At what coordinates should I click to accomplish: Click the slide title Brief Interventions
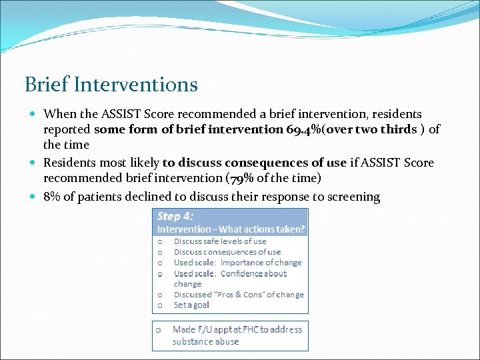(111, 85)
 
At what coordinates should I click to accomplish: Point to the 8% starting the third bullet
(53, 197)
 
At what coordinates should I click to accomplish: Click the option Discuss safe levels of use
(219, 241)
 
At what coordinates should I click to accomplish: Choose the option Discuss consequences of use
(227, 252)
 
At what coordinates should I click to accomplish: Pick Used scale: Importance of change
(237, 263)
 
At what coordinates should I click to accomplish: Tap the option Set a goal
(191, 305)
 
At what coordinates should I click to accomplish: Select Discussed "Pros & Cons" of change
(238, 294)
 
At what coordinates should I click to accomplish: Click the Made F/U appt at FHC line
(237, 329)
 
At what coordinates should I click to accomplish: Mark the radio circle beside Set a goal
(160, 305)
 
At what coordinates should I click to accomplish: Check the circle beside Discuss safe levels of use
(160, 241)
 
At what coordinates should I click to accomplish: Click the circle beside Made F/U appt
(159, 329)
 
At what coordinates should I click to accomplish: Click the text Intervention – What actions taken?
(231, 229)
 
